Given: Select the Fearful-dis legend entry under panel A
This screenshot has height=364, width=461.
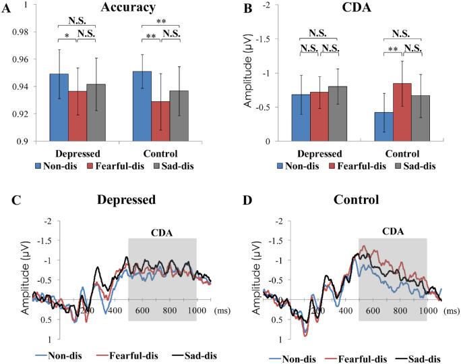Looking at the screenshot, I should click(106, 165).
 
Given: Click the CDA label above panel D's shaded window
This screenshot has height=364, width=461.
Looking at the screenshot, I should click(392, 232).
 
